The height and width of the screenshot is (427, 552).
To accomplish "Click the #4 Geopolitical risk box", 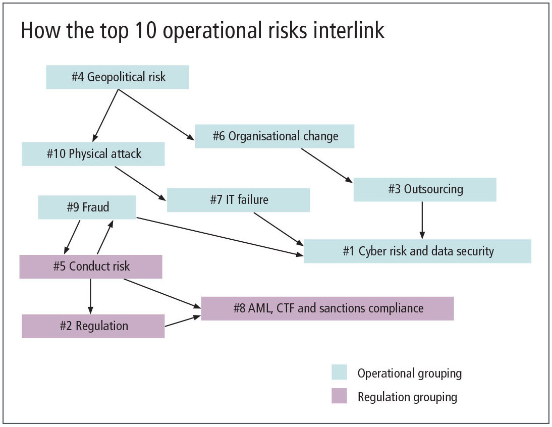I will (118, 77).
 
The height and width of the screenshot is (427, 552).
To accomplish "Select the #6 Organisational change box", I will (274, 136).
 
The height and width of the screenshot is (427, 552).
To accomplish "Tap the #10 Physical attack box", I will (93, 154).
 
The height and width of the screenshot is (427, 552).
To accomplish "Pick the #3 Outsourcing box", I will (425, 189).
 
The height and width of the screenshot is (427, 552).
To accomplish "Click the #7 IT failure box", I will (238, 200).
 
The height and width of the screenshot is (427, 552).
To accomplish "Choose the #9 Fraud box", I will (87, 207).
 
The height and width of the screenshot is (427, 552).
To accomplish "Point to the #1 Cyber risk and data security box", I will (417, 251).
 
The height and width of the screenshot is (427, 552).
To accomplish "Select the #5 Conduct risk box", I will (91, 266).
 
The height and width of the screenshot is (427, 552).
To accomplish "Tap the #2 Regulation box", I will (93, 326).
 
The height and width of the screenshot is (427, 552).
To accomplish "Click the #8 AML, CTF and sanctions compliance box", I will (327, 308).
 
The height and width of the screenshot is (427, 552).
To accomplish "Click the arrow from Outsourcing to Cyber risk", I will (422, 220).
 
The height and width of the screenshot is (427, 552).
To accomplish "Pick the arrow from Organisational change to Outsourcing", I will (327, 165).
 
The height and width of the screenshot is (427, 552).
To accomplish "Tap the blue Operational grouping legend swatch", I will (339, 372).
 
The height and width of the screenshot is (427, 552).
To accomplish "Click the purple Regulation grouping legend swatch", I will (339, 396).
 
